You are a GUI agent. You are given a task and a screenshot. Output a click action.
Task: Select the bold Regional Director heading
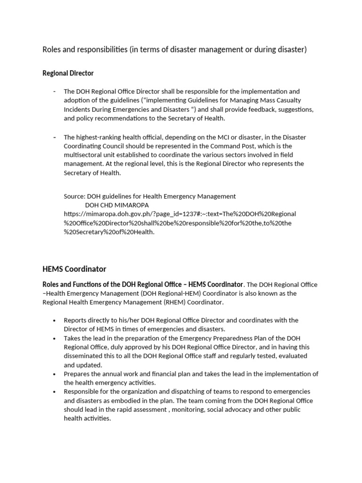(x=68, y=73)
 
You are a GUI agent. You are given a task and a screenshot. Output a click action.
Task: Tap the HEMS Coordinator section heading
(x=74, y=269)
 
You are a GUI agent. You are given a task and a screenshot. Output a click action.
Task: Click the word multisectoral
(x=84, y=155)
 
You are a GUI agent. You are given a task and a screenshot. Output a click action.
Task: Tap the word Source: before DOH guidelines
(x=74, y=196)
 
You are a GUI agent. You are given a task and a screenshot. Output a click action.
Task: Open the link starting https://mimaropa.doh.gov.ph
(x=180, y=214)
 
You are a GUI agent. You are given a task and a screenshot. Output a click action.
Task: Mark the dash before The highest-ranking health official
(x=55, y=137)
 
